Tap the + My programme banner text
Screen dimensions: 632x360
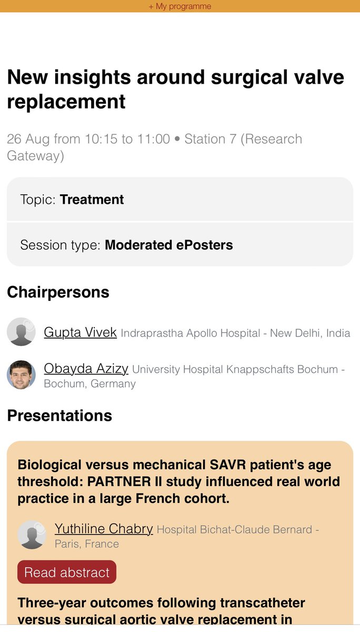point(179,6)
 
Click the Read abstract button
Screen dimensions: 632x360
point(67,572)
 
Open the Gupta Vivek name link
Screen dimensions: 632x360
point(80,332)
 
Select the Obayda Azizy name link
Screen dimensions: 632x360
point(86,369)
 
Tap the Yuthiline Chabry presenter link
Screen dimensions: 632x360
point(104,529)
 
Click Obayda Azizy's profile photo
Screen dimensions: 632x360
point(21,375)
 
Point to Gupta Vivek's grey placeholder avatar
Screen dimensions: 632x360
point(21,332)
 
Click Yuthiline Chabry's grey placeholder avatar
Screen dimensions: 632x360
point(32,535)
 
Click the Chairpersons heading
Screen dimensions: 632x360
point(58,292)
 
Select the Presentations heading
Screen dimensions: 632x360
point(59,415)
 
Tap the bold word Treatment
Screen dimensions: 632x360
point(92,200)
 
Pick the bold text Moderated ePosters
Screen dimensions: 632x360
point(168,245)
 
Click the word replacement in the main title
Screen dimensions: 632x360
point(66,101)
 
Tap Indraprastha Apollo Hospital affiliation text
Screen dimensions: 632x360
point(190,333)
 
